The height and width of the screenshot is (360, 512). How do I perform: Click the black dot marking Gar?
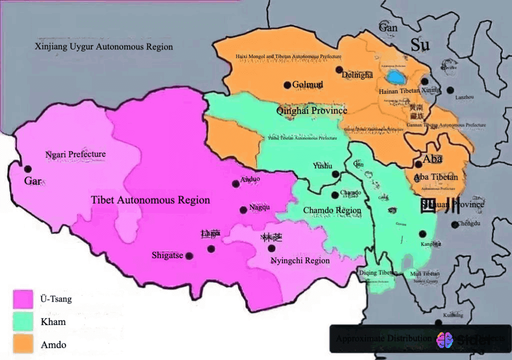[x=28, y=169]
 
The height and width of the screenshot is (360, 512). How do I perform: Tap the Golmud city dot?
[x=287, y=85]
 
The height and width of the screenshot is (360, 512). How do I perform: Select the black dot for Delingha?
[x=339, y=69]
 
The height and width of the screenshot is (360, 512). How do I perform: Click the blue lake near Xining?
[x=397, y=77]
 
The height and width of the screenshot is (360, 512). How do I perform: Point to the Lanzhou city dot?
[x=451, y=90]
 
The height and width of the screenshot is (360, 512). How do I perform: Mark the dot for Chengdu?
[x=455, y=225]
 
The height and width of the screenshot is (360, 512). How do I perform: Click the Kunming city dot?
[x=438, y=323]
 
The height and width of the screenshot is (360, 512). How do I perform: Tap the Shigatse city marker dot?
[x=189, y=256]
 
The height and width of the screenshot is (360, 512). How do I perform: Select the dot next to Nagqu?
[x=243, y=210]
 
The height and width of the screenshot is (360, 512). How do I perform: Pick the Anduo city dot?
[x=236, y=184]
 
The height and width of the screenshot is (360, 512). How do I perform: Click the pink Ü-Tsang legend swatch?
[x=23, y=299]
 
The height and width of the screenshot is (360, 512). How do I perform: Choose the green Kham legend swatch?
[x=23, y=322]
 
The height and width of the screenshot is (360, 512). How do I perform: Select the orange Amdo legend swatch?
[x=23, y=344]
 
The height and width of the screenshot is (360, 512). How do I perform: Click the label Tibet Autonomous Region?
[x=150, y=200]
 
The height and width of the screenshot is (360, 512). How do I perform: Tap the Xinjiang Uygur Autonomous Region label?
[x=104, y=47]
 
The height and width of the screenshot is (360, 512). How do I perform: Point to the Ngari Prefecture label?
[x=75, y=154]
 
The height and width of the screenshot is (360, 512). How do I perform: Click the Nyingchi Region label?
[x=300, y=261]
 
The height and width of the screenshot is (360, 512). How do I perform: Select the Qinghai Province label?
[x=312, y=110]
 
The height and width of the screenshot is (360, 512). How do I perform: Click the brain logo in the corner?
[x=444, y=340]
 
